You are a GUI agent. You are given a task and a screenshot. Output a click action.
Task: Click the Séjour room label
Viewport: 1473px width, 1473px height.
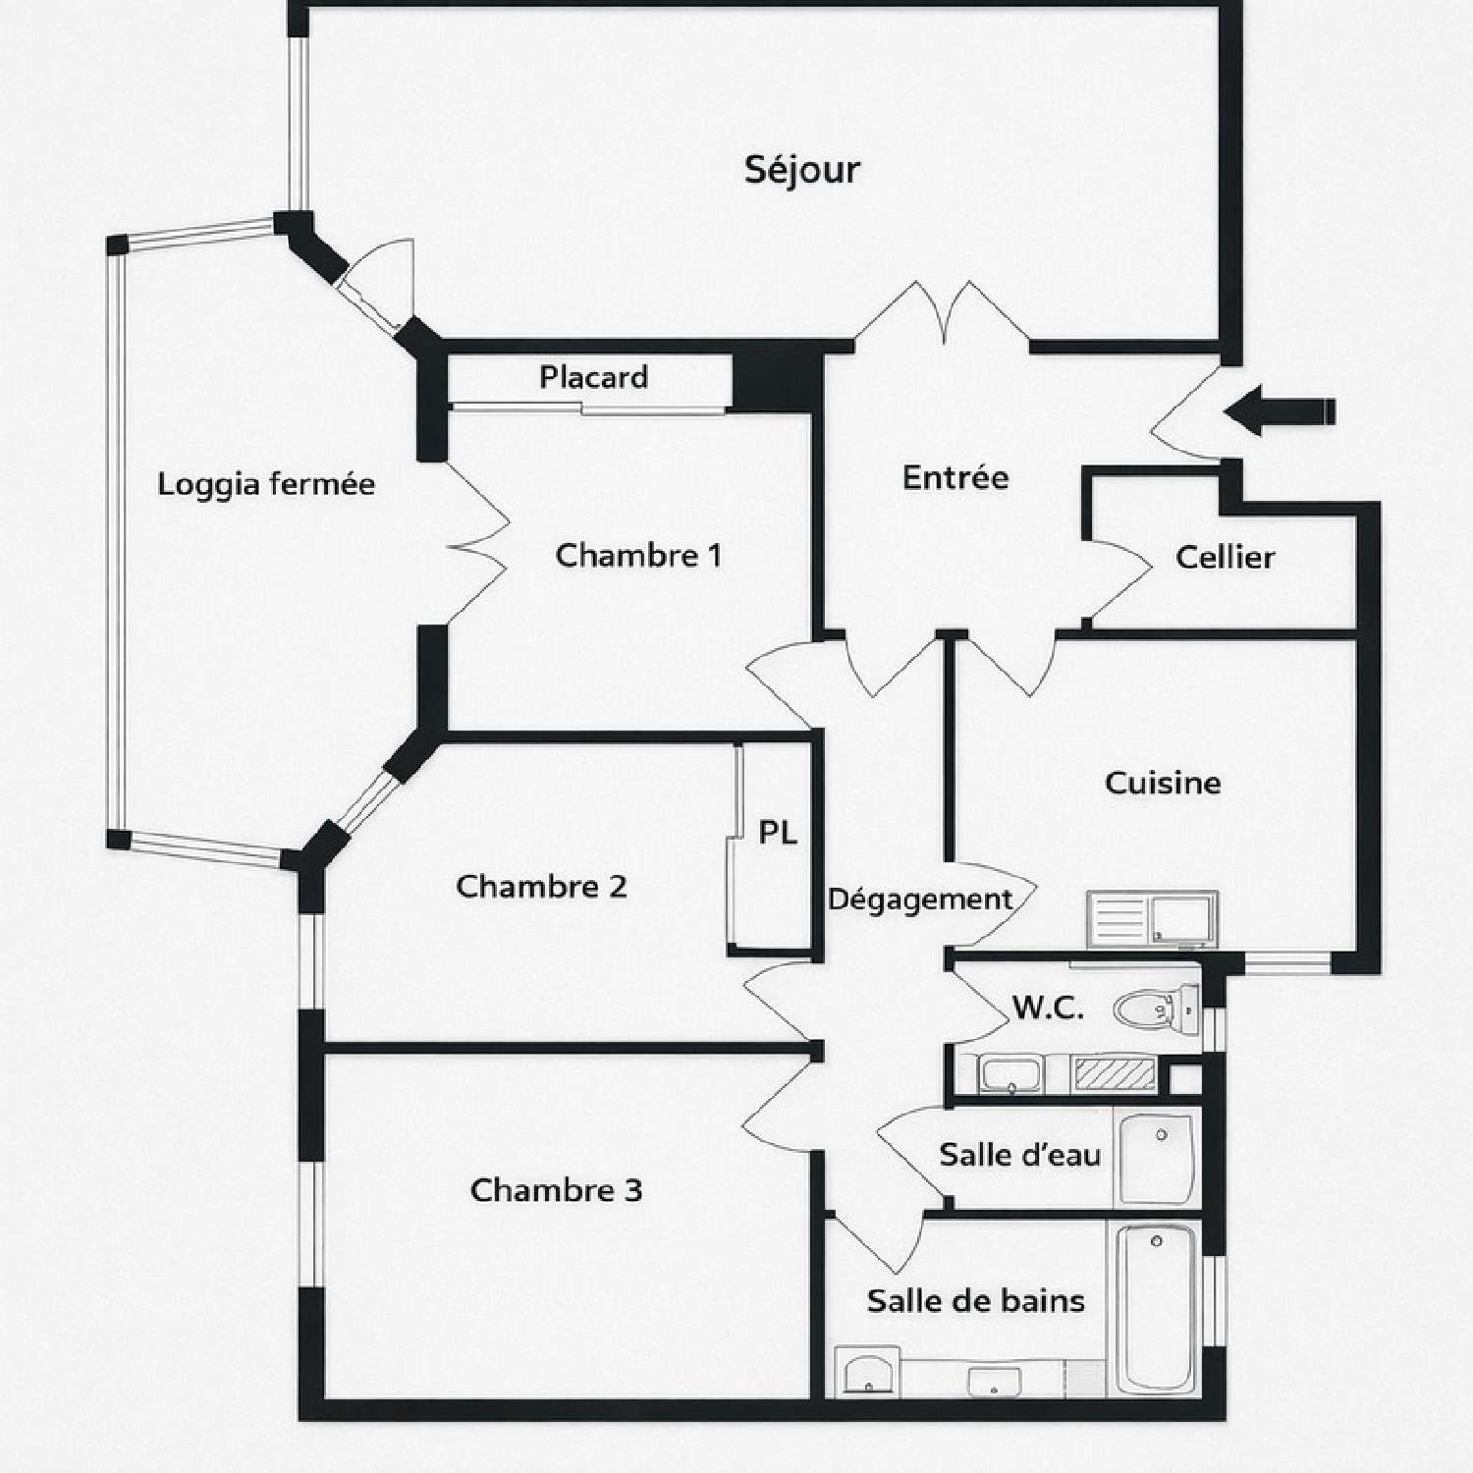coord(801,171)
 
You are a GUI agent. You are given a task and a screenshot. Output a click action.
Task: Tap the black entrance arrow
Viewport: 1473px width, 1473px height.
coord(1280,410)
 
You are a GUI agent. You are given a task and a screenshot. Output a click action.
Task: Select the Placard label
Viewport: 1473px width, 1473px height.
coord(593,377)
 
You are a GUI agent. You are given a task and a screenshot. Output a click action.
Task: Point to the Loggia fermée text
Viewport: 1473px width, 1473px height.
coord(266,484)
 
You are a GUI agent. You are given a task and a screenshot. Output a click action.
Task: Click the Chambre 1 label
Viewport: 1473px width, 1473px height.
coord(638,556)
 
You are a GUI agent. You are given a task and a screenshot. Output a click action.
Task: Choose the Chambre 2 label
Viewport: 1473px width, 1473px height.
coord(541,887)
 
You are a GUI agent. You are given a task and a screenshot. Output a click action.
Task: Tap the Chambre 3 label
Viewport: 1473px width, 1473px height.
coord(556,1190)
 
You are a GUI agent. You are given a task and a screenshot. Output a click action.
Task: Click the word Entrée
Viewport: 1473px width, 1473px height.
coord(955,478)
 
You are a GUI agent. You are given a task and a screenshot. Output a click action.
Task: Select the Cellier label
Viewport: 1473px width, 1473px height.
coord(1225,558)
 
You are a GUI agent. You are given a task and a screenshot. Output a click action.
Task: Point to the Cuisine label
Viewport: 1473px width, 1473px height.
coord(1163,783)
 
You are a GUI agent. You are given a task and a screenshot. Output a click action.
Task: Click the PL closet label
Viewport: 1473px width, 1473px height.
coord(777,833)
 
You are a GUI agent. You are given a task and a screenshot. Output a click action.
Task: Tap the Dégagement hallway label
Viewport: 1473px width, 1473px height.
coord(920,900)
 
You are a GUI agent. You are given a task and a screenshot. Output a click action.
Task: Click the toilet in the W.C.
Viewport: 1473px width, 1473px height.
coord(1156,1008)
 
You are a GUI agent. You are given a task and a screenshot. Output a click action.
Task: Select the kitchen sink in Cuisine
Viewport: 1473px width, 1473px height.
coord(1153,919)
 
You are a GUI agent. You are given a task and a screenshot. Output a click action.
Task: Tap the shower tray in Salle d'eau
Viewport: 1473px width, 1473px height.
coord(1157,1158)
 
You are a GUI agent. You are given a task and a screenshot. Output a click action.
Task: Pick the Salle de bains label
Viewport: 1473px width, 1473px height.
coord(975,1301)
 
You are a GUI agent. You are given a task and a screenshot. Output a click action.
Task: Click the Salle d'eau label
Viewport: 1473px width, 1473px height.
coord(1019,1155)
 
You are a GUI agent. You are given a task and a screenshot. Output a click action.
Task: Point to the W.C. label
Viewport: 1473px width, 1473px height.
coord(1048,1008)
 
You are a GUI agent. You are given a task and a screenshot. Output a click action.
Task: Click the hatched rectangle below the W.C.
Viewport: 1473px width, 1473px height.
coord(1115,1073)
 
